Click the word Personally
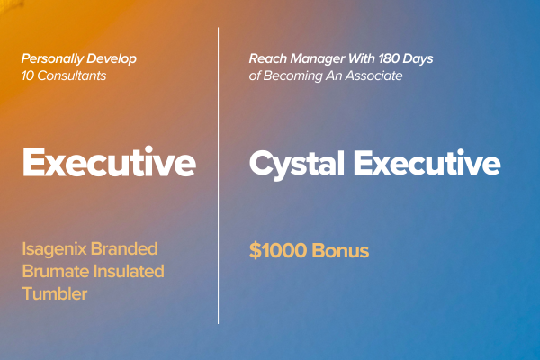tap(52, 58)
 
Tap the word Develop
tap(112, 58)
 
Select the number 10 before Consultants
tap(28, 76)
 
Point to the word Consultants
tap(72, 76)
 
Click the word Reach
tap(268, 58)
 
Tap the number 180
tap(389, 58)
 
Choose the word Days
tap(418, 59)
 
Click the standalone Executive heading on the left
tap(109, 162)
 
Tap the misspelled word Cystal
tap(297, 165)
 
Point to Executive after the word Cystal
tap(427, 162)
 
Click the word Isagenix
tap(54, 249)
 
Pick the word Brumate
tap(56, 272)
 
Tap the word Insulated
tap(129, 272)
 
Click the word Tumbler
tap(55, 294)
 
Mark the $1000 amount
tap(278, 250)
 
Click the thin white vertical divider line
tap(218, 175)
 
